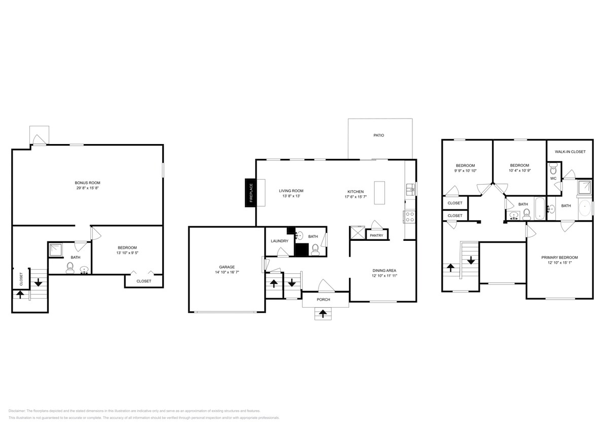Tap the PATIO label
378,135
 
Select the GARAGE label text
227,267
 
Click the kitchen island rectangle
379,193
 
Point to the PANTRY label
376,235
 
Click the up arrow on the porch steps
322,314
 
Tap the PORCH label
324,300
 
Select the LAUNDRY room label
279,241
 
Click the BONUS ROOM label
84,183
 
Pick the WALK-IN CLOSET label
570,152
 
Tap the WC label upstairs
553,178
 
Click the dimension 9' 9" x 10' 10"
465,171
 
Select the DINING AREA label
384,271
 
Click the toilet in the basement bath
69,267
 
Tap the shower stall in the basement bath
55,249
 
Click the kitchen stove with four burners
409,217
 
